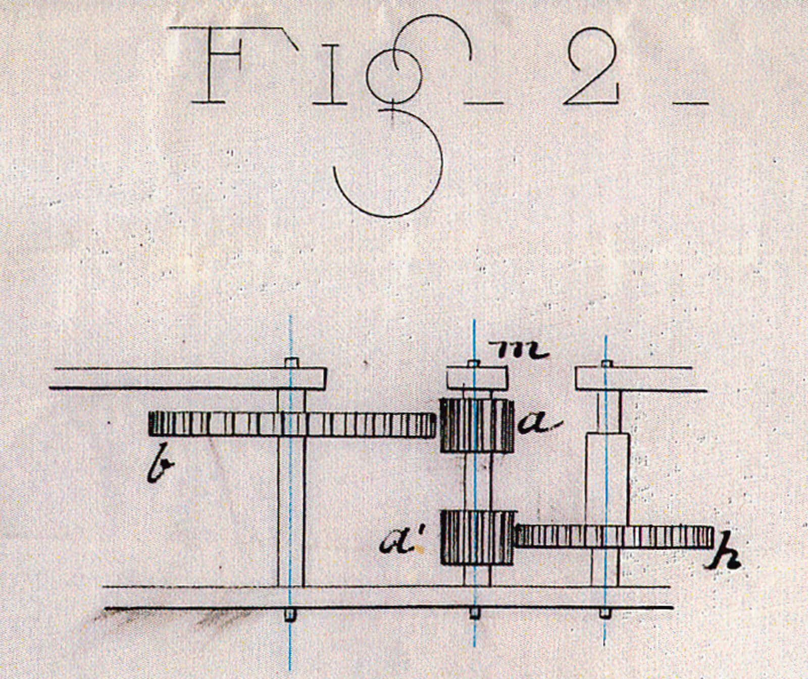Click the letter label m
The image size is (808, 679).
pos(522,349)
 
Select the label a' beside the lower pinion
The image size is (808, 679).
pos(403,543)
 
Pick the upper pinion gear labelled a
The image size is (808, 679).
pos(477,425)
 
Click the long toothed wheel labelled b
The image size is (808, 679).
pos(291,424)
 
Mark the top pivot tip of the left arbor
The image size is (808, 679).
pos(291,362)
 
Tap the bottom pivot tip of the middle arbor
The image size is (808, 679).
pos(475,614)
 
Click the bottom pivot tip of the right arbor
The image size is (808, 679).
pos(604,613)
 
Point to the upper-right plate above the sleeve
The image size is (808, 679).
pos(640,379)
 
